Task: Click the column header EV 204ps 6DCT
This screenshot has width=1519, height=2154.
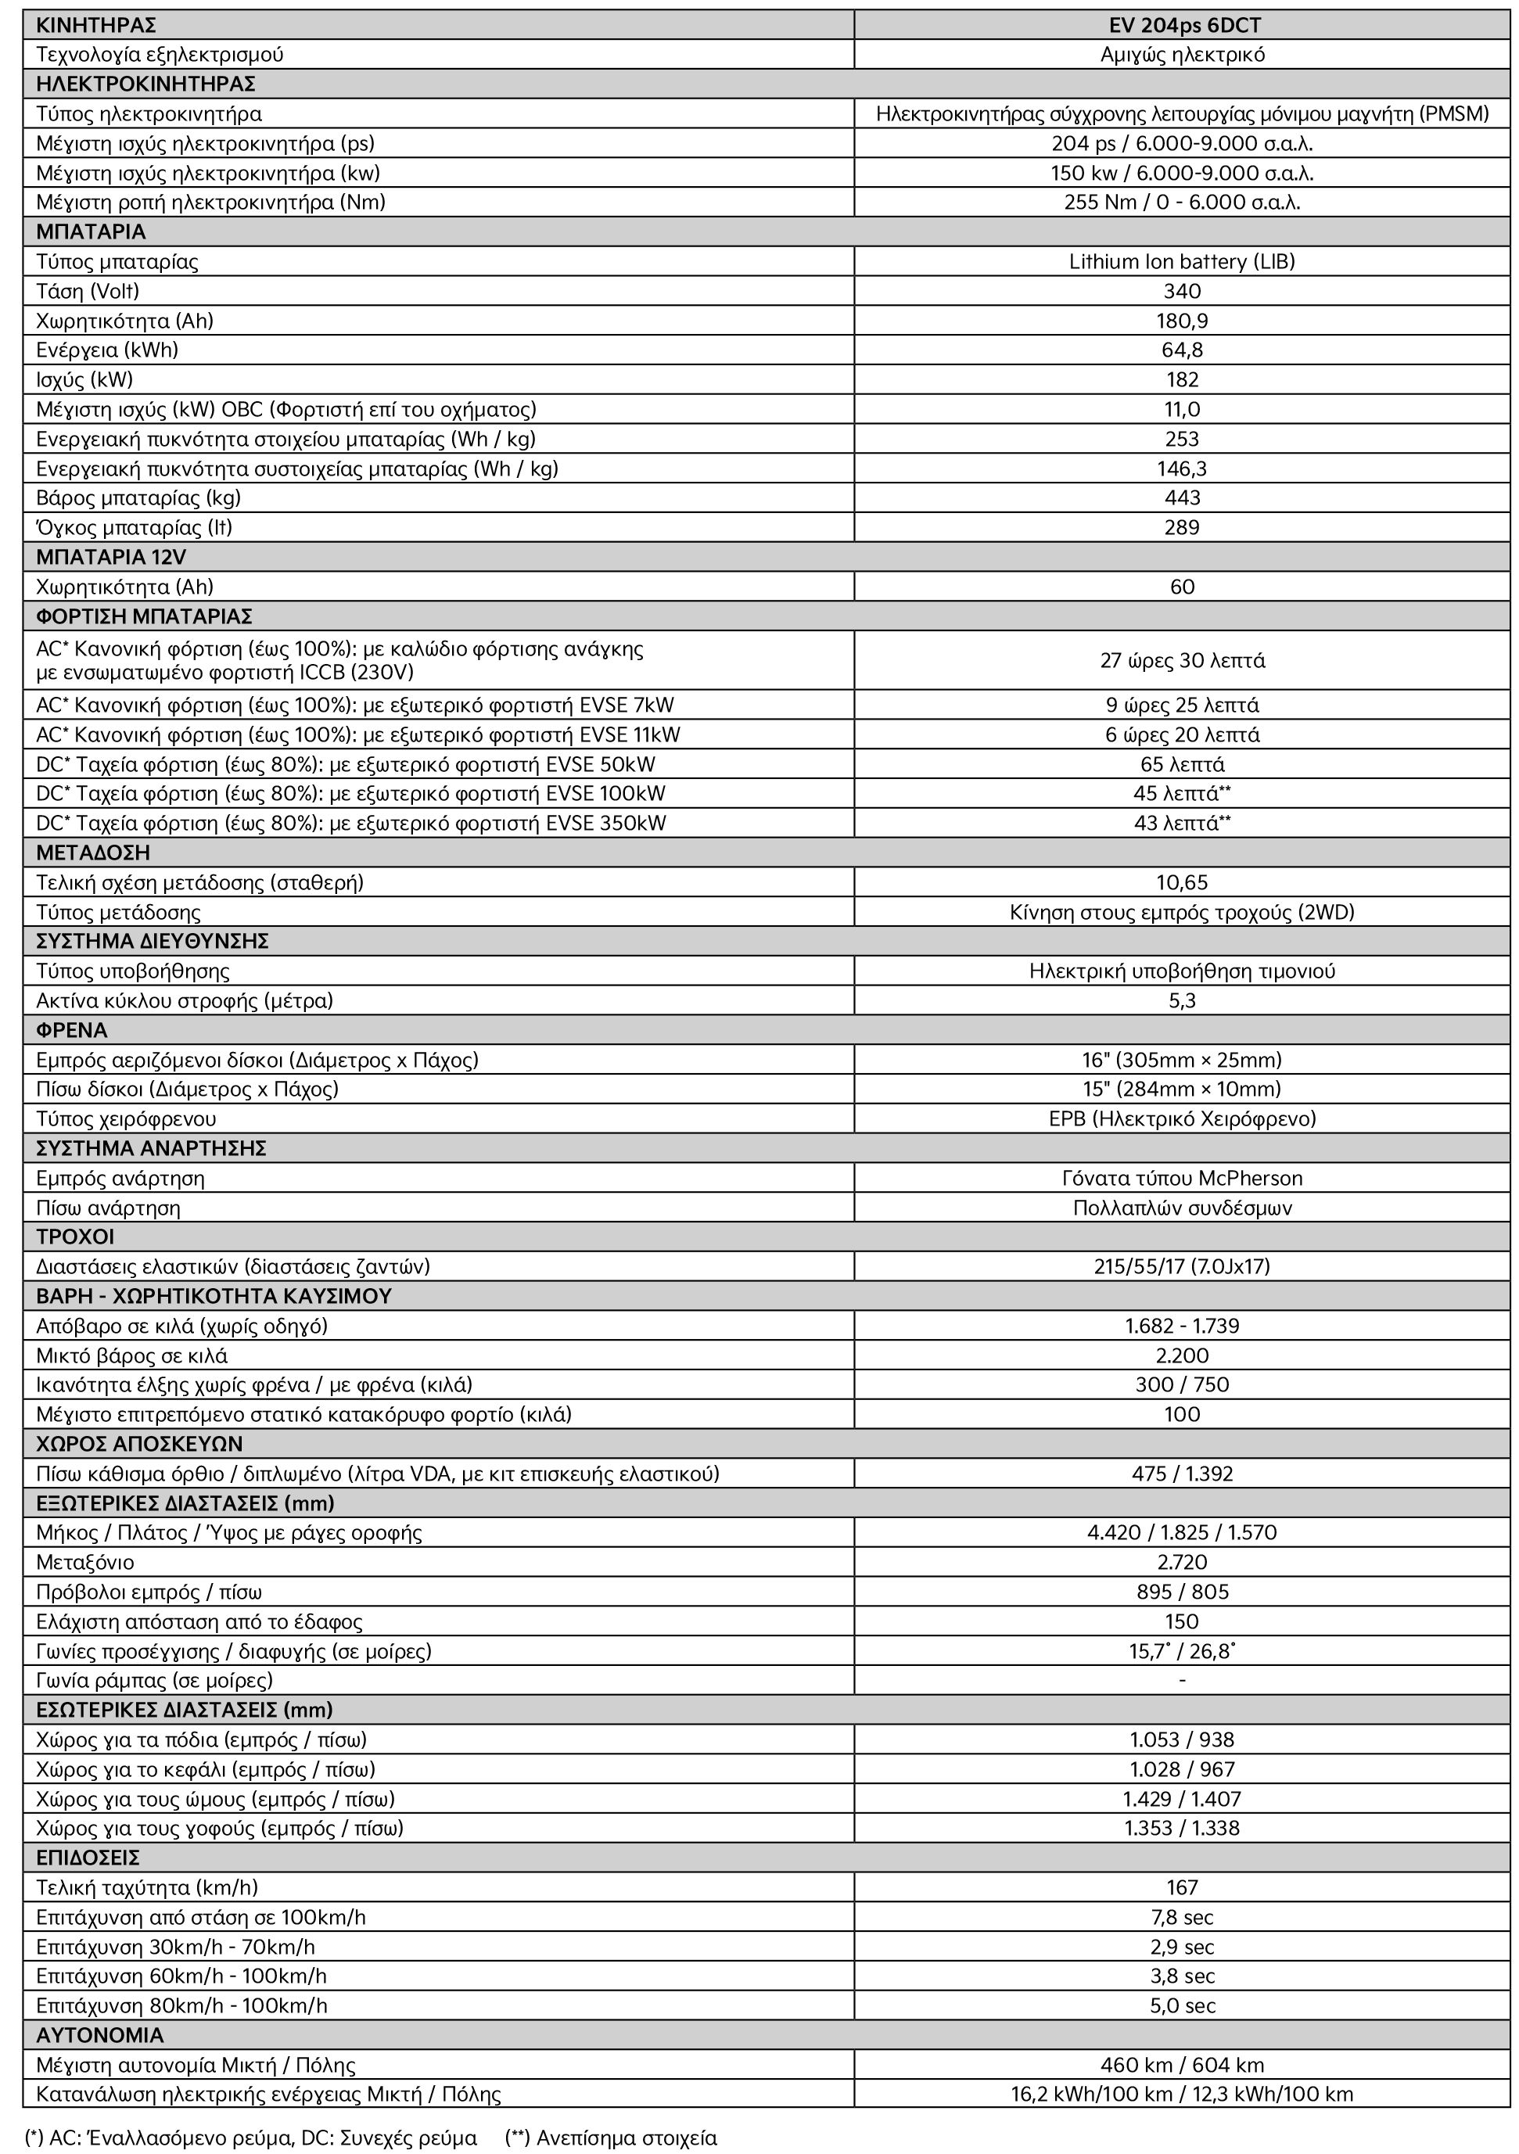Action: pos(1181,25)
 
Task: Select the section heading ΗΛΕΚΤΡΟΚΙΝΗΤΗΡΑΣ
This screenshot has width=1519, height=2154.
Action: pos(145,84)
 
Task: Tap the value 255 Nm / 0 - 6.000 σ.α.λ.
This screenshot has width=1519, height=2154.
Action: pos(1181,203)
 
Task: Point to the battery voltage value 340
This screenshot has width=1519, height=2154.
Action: pos(1181,291)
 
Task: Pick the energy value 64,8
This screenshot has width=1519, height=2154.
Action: pos(1181,350)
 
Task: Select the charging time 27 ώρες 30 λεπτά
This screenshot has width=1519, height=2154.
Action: pos(1181,660)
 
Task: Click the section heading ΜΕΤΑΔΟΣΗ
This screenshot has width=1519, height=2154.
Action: pos(93,853)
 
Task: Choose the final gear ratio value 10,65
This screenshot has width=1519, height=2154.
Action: pos(1181,882)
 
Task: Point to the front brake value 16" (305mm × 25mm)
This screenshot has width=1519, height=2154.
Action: pos(1181,1060)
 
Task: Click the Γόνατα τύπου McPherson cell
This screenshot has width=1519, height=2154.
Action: pos(1181,1179)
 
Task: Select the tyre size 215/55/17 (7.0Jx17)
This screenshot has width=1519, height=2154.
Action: pos(1181,1266)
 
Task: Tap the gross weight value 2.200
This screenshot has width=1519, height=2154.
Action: pos(1181,1355)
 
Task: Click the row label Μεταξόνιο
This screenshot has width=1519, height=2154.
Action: pos(85,1562)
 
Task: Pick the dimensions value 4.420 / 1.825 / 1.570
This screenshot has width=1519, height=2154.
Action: pos(1181,1532)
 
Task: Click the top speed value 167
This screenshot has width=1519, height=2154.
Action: pos(1181,1887)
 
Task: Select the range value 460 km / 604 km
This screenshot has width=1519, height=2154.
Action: pos(1181,2064)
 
